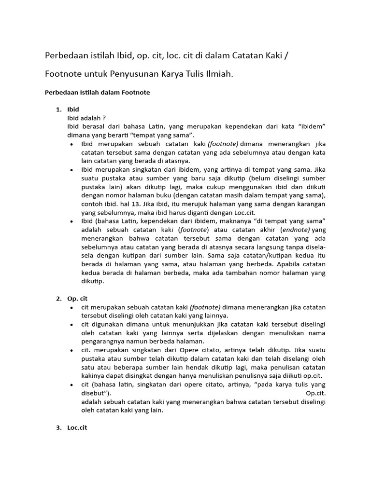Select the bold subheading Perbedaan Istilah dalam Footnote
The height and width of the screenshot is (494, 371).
click(x=97, y=93)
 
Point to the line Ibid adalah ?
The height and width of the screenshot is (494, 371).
click(x=86, y=118)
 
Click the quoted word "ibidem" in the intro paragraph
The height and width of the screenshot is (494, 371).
click(x=312, y=126)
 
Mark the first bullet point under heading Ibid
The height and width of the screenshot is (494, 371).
click(x=71, y=144)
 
